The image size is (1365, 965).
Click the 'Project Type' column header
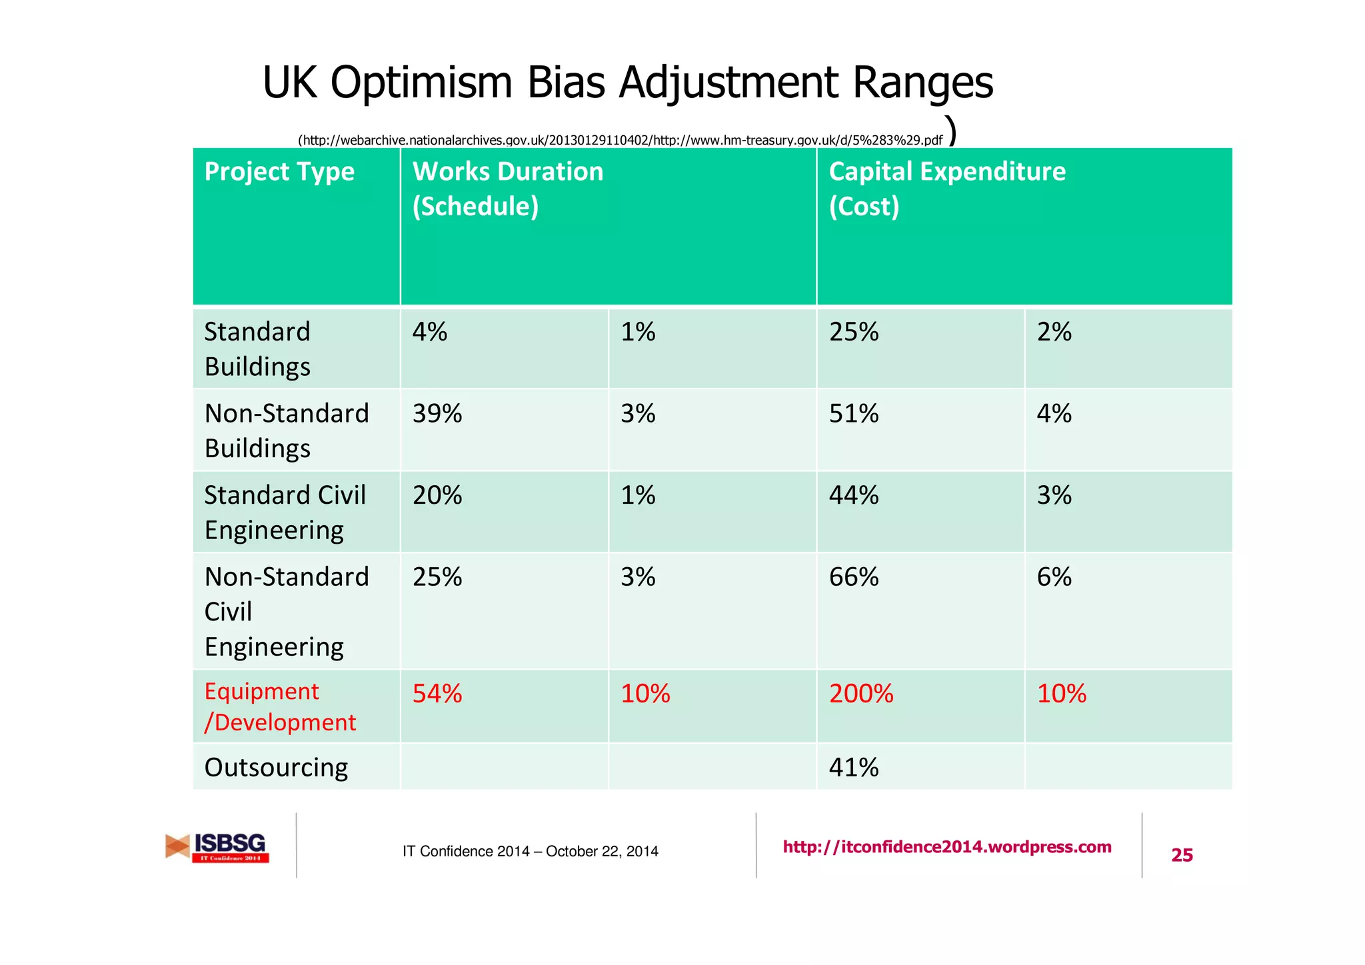279,172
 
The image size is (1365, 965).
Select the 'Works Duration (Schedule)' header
507,189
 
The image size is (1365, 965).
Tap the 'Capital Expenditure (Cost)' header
946,189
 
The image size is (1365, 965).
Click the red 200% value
860,694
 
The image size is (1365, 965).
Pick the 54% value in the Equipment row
437,694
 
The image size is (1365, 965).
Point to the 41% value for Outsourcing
853,768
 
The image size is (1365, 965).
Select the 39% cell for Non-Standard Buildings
437,414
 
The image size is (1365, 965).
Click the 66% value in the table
853,577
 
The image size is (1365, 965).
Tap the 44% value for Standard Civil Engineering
853,495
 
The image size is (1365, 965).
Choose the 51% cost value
853,414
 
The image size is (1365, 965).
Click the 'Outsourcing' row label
276,768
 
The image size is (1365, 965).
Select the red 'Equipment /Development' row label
280,707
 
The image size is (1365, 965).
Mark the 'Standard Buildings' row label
257,349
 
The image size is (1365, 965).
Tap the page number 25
1182,855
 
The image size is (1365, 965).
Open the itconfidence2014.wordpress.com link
946,847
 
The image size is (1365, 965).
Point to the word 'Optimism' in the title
421,83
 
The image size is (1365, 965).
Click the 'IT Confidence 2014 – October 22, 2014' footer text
530,851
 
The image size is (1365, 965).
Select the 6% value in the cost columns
1054,577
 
